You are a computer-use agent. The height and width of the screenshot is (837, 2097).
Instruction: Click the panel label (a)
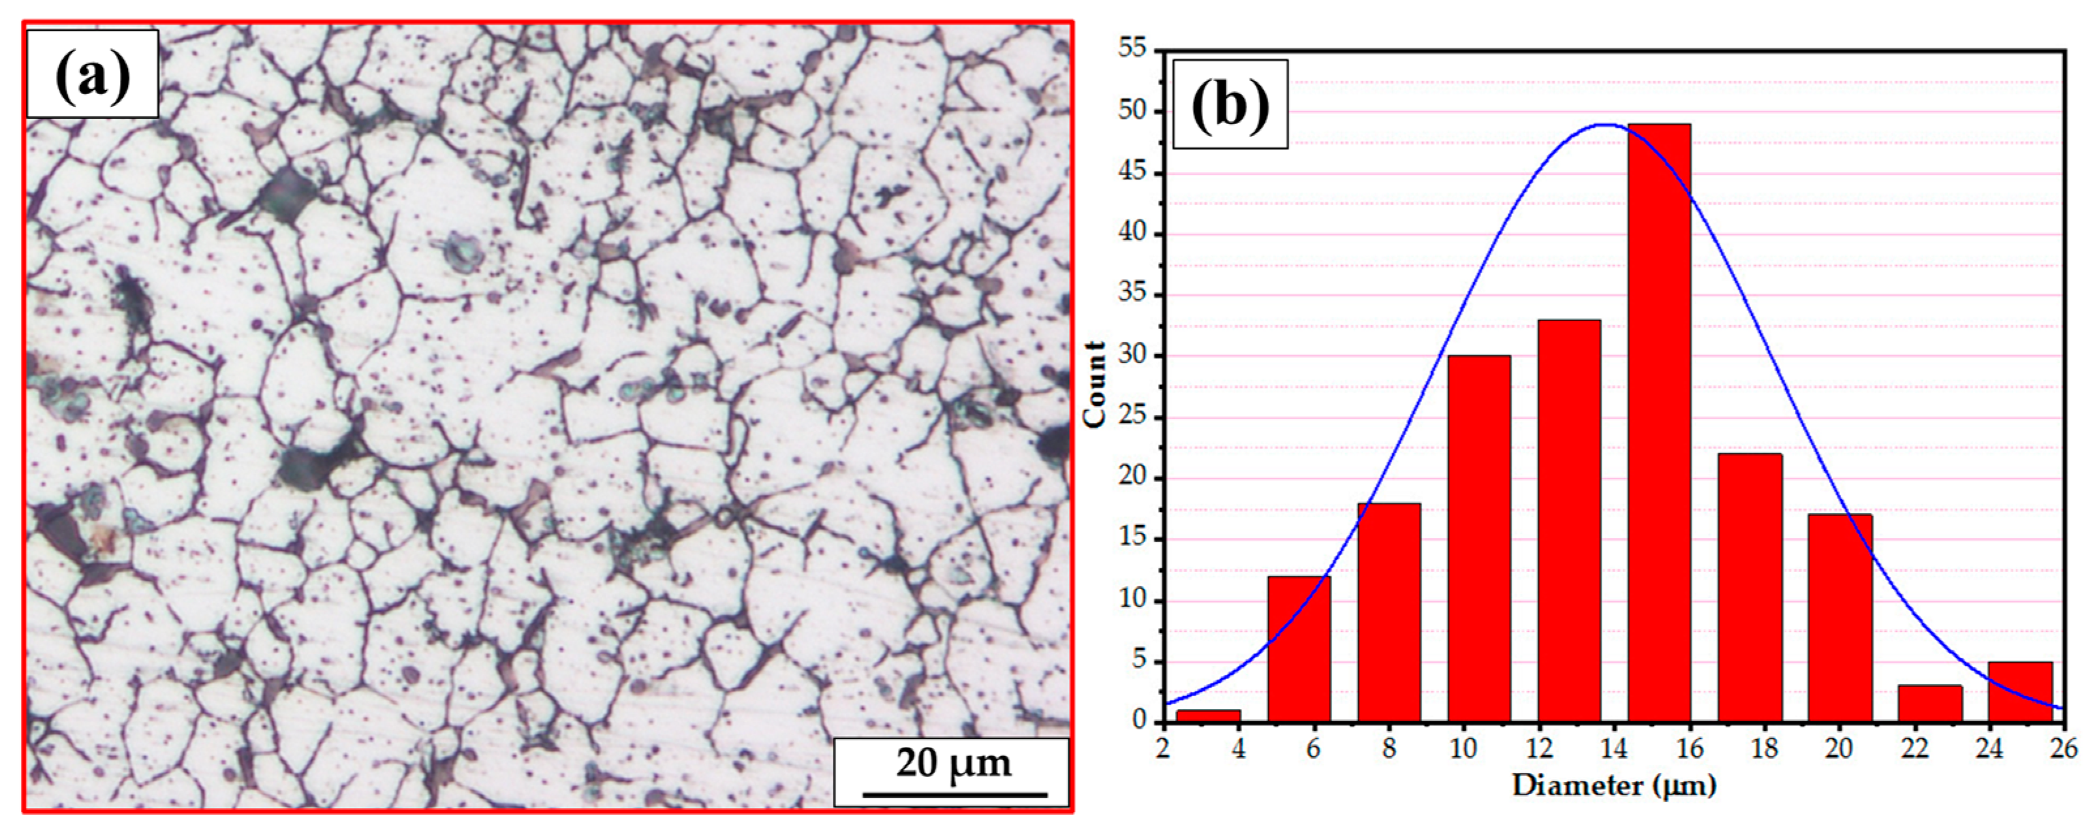[92, 75]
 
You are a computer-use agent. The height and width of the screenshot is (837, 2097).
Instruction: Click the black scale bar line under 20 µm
[954, 794]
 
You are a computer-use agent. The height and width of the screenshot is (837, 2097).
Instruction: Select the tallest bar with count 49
[1659, 423]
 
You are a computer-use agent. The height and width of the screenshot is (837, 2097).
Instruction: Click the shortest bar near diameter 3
[1209, 716]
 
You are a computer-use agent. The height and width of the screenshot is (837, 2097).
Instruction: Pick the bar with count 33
[1569, 521]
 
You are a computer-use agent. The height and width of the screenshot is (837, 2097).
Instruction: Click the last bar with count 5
[2020, 692]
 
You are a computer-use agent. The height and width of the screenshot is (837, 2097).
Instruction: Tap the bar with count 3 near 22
[1929, 703]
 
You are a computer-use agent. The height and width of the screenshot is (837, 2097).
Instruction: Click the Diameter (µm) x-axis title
[1613, 785]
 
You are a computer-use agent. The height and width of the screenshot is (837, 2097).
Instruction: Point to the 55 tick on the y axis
[1132, 49]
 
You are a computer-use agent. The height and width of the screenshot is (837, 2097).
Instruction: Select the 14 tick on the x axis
[1613, 748]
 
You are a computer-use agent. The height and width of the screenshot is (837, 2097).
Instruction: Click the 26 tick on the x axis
[2063, 748]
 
